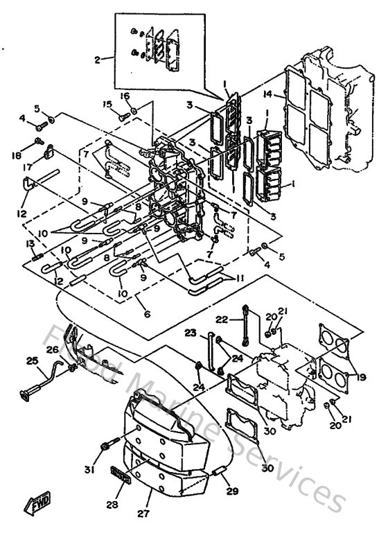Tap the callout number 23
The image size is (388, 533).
coord(191,333)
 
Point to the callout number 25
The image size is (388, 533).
coord(31,360)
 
